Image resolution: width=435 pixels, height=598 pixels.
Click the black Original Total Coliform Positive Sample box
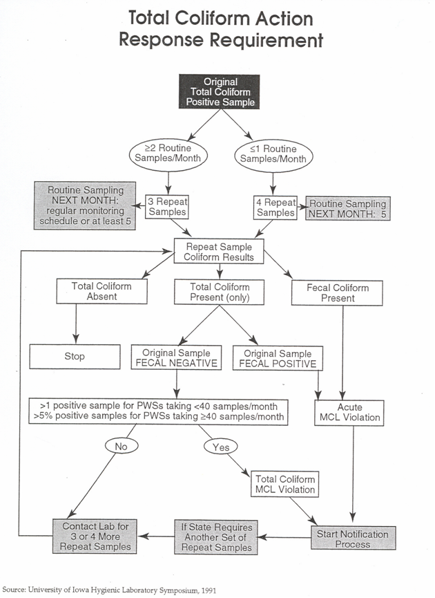point(220,92)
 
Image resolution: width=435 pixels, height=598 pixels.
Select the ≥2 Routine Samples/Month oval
point(168,154)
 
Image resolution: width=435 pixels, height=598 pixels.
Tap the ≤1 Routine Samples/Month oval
point(273,155)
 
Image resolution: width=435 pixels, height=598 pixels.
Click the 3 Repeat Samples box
point(167,207)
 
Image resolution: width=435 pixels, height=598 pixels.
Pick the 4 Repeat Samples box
point(275,207)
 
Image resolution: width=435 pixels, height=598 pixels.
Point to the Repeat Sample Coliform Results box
point(219,252)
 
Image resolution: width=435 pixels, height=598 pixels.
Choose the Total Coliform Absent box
point(101,291)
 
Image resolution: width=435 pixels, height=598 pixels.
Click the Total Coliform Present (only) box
point(219,292)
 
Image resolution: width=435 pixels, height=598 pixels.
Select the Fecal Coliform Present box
point(337,293)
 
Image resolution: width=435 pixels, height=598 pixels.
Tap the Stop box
point(75,357)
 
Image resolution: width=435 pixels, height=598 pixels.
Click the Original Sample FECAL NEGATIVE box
point(176,357)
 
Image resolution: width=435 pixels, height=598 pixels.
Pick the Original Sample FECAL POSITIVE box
point(278,358)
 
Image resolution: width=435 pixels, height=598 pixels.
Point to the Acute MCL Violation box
point(349,413)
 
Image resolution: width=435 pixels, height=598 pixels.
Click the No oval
point(122,446)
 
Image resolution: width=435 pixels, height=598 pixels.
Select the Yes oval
point(220,447)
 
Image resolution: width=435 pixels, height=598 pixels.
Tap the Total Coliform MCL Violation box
point(284,484)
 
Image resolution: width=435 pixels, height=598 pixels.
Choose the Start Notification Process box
point(353,538)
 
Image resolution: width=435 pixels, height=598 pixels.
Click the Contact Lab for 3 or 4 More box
point(95,536)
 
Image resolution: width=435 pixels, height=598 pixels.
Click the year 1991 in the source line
point(209,590)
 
